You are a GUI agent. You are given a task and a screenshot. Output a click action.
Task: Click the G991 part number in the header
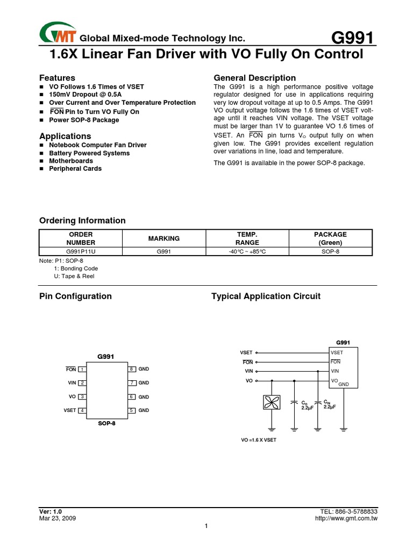[352, 38]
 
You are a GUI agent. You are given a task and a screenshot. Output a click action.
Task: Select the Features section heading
[58, 78]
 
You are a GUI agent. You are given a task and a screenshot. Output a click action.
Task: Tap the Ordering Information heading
[82, 221]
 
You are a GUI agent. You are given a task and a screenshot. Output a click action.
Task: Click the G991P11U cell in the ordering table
[81, 251]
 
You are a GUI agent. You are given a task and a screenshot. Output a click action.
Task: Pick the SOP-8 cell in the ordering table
[330, 251]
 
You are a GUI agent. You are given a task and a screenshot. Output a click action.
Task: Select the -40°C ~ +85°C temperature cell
[247, 251]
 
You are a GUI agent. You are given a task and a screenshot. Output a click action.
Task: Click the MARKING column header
[165, 238]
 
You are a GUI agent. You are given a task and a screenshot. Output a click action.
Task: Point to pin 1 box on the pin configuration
[82, 369]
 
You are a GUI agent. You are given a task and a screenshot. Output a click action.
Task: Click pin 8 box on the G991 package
[131, 369]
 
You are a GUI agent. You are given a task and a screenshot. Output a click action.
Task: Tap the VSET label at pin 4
[70, 410]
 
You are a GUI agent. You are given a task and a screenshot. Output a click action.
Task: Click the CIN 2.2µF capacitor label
[329, 404]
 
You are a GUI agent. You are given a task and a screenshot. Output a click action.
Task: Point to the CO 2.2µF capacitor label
[307, 405]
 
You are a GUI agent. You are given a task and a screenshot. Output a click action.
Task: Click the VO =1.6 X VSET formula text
[259, 440]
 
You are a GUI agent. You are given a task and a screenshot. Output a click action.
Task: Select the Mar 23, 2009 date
[58, 519]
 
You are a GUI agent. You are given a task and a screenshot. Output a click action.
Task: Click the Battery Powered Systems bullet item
[89, 153]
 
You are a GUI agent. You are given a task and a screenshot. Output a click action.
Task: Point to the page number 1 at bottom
[206, 526]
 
